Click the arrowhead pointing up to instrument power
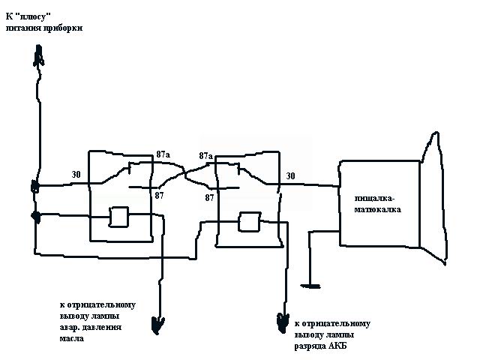(40, 53)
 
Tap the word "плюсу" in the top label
(44, 15)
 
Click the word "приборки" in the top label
(64, 27)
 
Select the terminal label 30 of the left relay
(76, 174)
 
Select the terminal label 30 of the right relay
(289, 176)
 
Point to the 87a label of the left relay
(163, 154)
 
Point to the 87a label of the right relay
(205, 155)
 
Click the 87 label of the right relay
(210, 197)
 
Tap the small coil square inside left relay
(120, 217)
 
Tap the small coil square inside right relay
(248, 222)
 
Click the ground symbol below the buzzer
(310, 283)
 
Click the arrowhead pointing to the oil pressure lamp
(158, 325)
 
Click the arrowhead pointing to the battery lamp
(281, 322)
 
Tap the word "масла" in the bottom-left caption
(72, 339)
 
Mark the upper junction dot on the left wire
(35, 187)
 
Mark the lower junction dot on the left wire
(36, 216)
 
